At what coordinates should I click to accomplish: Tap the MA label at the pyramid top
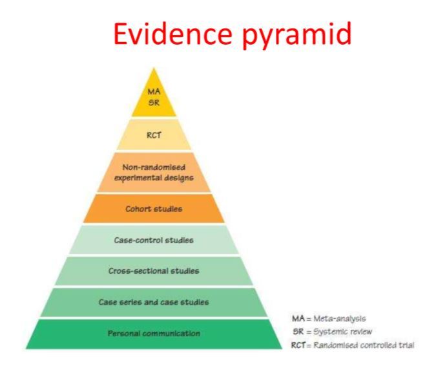[153, 92]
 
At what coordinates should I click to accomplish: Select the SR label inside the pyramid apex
[153, 102]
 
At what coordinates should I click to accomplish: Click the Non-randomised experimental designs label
[153, 171]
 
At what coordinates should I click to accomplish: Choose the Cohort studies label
[153, 208]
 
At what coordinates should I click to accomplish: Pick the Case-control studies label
[153, 240]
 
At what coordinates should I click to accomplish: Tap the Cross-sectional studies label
[153, 270]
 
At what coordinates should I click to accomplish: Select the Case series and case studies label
[153, 301]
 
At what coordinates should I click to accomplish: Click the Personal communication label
[153, 333]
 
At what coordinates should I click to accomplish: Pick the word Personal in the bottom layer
[123, 333]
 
